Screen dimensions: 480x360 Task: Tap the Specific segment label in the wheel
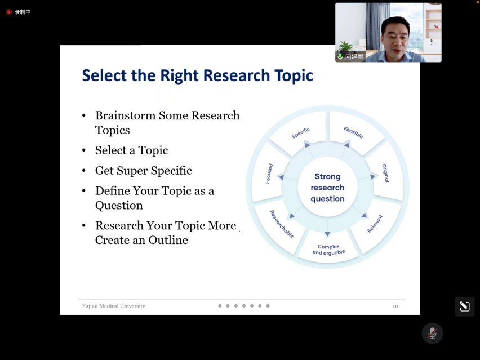301,133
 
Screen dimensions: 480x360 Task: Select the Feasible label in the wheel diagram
353,132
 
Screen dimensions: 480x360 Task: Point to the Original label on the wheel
386,173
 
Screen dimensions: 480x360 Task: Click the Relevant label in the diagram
375,224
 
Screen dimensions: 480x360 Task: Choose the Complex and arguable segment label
328,250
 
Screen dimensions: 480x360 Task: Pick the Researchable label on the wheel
282,224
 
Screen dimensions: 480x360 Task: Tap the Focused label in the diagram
269,174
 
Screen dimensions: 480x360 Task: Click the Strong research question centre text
327,188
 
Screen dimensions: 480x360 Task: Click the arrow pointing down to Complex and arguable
327,226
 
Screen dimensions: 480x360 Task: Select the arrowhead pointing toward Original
372,176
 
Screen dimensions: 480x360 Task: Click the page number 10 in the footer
395,306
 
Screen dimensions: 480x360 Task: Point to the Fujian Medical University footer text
114,306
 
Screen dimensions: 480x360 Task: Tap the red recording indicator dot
8,12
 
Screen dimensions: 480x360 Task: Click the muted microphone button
432,334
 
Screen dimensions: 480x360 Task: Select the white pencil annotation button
465,306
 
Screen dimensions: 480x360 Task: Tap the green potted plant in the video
345,46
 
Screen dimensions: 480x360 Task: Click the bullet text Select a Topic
132,150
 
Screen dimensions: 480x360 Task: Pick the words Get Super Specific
144,171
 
